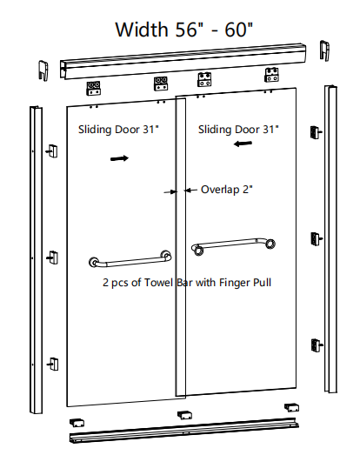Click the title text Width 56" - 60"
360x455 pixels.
184,30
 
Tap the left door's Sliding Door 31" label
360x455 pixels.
118,130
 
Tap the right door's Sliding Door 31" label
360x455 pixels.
238,130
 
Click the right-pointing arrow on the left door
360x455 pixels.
119,158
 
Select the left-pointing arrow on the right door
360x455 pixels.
243,144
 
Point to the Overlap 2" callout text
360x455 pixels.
227,190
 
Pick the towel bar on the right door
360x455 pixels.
233,247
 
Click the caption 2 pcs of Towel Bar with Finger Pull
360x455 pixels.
187,283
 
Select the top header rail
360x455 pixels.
183,61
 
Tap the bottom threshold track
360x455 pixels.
184,431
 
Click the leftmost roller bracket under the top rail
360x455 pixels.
94,88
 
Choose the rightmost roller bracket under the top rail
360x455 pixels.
271,75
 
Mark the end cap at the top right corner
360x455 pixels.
325,50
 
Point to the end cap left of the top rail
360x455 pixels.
43,70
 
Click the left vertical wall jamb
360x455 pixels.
36,260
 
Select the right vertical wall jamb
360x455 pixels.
330,239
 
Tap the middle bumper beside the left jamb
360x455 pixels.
53,258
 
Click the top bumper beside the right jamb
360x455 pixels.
316,132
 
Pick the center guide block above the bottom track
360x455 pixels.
184,415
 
